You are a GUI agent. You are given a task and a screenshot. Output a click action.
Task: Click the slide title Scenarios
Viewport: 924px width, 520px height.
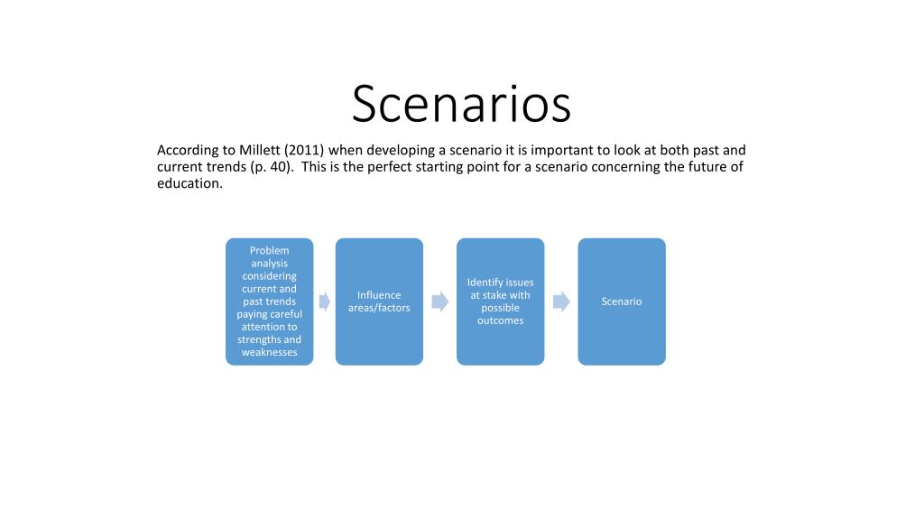461,104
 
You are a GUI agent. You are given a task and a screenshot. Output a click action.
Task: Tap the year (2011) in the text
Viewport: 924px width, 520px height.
304,151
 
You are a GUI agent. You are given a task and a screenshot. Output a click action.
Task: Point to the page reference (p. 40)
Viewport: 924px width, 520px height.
272,167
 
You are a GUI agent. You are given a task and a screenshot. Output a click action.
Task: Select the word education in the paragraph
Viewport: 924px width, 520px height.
189,183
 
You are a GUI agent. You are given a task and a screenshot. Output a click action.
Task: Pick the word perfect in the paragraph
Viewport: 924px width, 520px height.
389,167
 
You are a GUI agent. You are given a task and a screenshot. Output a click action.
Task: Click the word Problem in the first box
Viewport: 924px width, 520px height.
269,251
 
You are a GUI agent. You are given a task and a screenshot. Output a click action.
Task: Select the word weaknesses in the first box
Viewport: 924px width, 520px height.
269,352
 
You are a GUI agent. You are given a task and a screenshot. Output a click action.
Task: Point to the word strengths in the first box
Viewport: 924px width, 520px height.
258,339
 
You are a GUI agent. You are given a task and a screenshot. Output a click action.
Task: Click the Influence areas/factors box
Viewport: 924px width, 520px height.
379,302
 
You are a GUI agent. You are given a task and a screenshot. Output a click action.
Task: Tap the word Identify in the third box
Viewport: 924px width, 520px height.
484,283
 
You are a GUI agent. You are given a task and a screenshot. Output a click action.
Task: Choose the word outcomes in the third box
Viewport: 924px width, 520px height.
500,320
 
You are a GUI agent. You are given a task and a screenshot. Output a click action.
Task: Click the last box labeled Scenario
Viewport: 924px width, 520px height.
622,302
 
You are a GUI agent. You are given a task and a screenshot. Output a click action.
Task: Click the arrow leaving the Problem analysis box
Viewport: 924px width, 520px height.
325,302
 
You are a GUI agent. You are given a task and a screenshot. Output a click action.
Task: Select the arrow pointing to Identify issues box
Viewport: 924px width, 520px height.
440,302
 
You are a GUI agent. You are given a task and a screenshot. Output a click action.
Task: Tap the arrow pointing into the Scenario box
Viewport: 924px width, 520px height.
561,302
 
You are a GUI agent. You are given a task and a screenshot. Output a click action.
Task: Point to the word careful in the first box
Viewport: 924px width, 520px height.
284,314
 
